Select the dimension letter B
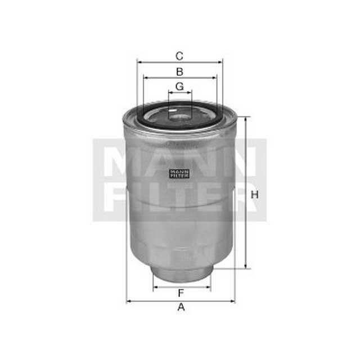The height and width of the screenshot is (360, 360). pyautogui.click(x=179, y=71)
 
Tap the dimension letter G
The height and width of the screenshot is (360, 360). pyautogui.click(x=179, y=86)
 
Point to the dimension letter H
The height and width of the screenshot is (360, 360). pyautogui.click(x=255, y=195)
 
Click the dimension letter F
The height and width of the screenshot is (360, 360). pyautogui.click(x=181, y=293)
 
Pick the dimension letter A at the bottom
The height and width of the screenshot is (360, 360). pyautogui.click(x=181, y=307)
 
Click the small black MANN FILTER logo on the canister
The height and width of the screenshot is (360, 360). pyautogui.click(x=179, y=174)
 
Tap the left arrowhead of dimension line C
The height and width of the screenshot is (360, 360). pyautogui.click(x=139, y=62)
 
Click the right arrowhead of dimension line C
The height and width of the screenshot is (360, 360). pyautogui.click(x=220, y=62)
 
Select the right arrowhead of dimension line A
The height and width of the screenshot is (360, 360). pyautogui.click(x=233, y=301)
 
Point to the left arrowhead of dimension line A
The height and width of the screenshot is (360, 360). pyautogui.click(x=128, y=301)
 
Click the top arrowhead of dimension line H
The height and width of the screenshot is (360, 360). pyautogui.click(x=245, y=119)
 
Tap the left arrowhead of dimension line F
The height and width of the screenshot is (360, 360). pyautogui.click(x=155, y=287)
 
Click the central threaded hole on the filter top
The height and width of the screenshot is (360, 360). pyautogui.click(x=180, y=116)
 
